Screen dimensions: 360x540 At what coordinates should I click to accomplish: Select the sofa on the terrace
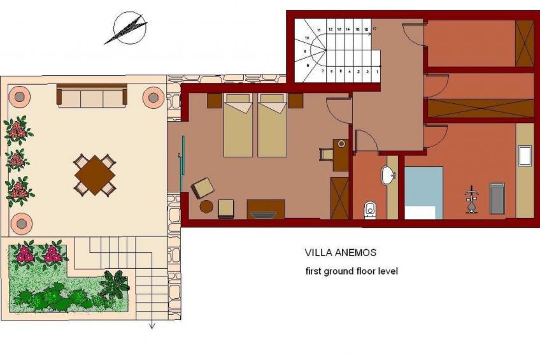point(92,97)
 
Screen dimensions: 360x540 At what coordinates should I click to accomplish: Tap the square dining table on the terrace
point(95,175)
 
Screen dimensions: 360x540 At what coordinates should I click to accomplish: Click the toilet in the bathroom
point(371,209)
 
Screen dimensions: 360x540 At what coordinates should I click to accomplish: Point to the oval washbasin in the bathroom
point(387,175)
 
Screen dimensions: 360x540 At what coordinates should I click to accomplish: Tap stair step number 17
point(375,29)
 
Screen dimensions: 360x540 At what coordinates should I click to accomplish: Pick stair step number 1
point(376,72)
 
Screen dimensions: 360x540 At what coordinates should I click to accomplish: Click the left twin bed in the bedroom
point(238,126)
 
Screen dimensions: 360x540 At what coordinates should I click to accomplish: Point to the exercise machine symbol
point(471,199)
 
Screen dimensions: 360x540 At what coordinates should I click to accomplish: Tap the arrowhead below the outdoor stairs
point(152,326)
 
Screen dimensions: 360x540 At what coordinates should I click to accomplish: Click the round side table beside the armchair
point(206,206)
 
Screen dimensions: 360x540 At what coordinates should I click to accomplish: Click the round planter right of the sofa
point(153,97)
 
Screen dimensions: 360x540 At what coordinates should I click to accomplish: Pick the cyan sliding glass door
point(182,164)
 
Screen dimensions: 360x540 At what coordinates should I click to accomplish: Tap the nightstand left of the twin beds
point(214,101)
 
